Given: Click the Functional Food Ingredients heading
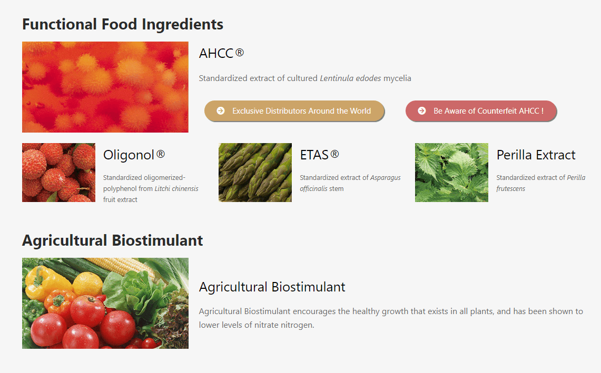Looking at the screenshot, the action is click(123, 25).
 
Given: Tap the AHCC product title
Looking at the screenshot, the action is click(222, 53).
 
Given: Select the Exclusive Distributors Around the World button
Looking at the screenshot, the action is click(294, 110).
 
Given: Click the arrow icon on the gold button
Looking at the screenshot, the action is click(221, 110).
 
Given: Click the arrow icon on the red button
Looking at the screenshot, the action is click(422, 110).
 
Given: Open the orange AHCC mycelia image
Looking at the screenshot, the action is click(105, 87).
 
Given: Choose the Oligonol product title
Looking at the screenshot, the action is click(134, 155).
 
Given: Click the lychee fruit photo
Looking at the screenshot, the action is click(58, 173).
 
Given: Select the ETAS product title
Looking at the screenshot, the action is click(319, 155).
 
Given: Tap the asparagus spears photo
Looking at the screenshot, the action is click(255, 173).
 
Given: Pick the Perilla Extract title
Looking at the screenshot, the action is click(536, 155).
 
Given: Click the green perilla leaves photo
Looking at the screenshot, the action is click(451, 173).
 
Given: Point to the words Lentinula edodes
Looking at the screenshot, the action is click(350, 78).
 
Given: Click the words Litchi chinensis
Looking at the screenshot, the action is click(176, 188).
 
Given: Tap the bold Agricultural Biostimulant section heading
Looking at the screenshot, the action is click(112, 240).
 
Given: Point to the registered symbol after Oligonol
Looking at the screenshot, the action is click(161, 154).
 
